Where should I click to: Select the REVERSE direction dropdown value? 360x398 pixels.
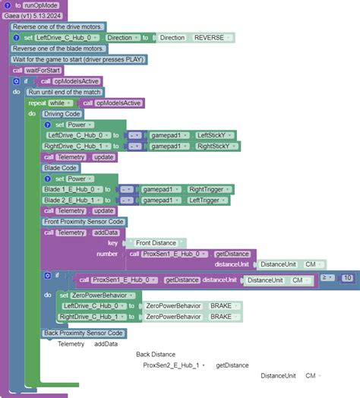pyautogui.click(x=208, y=37)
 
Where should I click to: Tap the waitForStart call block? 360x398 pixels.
pyautogui.click(x=44, y=70)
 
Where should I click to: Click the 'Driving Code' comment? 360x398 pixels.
pyautogui.click(x=62, y=114)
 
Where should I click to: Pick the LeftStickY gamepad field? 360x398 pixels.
pyautogui.click(x=216, y=135)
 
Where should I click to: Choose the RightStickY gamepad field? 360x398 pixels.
pyautogui.click(x=216, y=146)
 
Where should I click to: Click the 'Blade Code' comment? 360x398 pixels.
pyautogui.click(x=60, y=168)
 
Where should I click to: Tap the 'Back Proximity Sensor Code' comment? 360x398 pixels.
pyautogui.click(x=84, y=333)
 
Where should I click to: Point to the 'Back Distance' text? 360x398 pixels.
pyautogui.click(x=156, y=354)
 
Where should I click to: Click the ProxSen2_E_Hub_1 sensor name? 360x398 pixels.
pyautogui.click(x=171, y=365)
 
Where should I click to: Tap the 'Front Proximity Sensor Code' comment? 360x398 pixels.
pyautogui.click(x=84, y=222)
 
